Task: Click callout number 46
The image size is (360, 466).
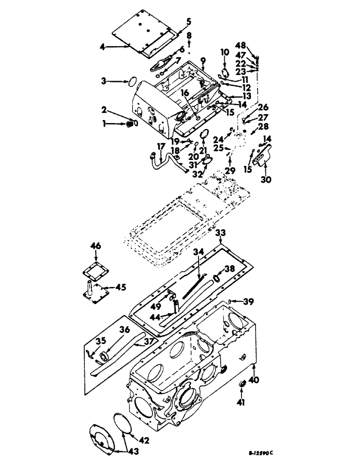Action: pyautogui.click(x=96, y=246)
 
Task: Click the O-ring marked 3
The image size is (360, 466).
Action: pyautogui.click(x=132, y=82)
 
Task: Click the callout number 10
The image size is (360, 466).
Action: pyautogui.click(x=224, y=52)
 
